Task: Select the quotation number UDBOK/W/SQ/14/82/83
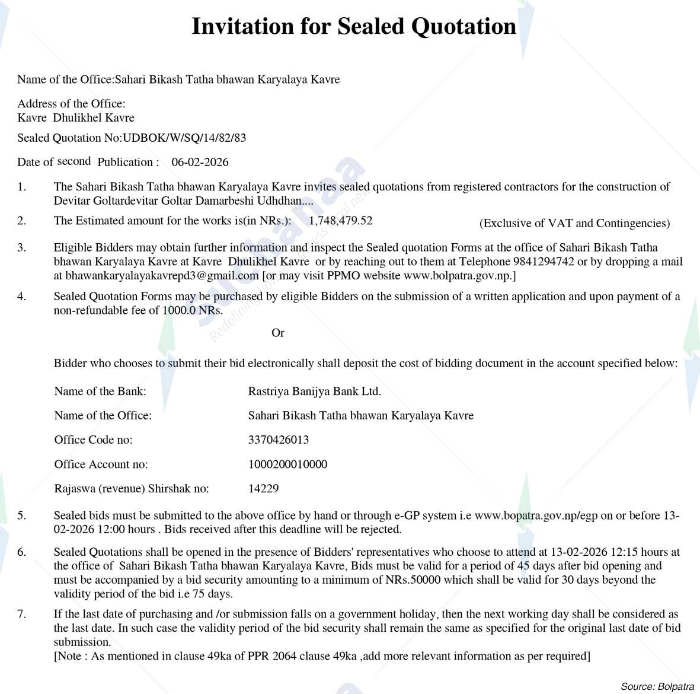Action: [184, 138]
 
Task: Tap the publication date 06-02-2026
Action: [200, 163]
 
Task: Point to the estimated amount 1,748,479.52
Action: [341, 221]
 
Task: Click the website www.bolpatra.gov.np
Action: [458, 276]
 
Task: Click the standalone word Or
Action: [278, 333]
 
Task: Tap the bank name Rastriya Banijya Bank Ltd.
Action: [314, 391]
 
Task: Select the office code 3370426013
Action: [279, 440]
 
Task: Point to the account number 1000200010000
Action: [287, 464]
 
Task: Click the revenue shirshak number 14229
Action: [263, 489]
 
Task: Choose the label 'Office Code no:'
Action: [93, 440]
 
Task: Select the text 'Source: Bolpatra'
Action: [657, 686]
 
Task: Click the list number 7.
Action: [21, 615]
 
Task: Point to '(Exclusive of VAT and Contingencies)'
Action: [574, 224]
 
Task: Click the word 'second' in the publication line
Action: [74, 161]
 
